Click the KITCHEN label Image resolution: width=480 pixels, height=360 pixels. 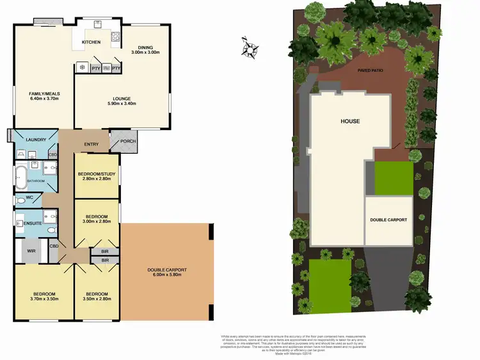point(92,43)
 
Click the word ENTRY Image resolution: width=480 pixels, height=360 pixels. point(91,144)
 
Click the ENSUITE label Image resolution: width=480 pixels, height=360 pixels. point(32,224)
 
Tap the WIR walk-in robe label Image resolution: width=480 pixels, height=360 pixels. point(30,250)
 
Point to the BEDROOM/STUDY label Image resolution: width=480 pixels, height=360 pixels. point(97,175)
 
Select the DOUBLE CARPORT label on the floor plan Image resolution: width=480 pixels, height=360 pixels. point(166,270)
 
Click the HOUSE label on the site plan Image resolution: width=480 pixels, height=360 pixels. point(350,121)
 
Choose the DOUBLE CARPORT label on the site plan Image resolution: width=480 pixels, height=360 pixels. point(388,220)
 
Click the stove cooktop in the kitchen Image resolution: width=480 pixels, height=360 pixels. point(115,37)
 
